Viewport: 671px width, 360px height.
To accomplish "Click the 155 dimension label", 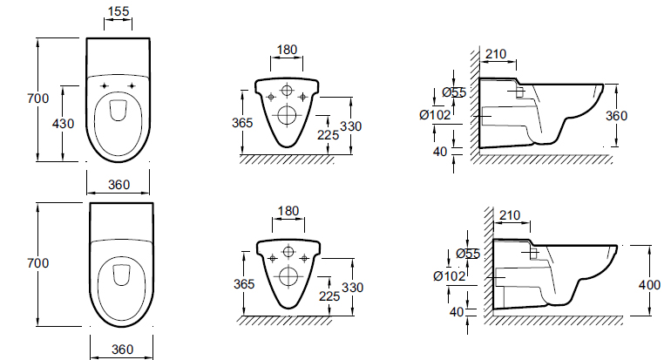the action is [x=119, y=11].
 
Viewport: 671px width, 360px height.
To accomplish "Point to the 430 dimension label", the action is [x=63, y=124].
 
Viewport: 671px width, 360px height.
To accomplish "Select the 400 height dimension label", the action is [x=649, y=285].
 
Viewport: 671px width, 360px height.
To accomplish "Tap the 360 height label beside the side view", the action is [x=616, y=116].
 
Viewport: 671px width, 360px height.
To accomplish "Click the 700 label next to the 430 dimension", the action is [x=38, y=98].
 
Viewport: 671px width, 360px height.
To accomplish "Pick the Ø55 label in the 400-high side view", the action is [x=468, y=254].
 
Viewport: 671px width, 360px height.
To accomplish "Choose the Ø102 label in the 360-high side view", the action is [x=435, y=115].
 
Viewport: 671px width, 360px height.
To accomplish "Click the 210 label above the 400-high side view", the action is [x=510, y=215].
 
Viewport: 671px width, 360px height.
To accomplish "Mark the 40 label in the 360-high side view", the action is [x=440, y=152].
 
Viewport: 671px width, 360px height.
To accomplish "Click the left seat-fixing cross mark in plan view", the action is [x=105, y=86].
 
